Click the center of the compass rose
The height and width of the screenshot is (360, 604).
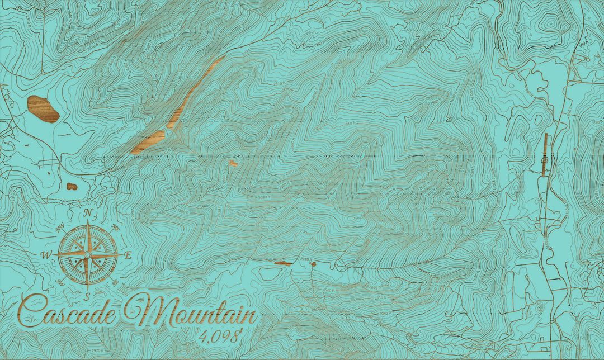[x=88, y=254]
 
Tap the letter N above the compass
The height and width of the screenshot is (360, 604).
[x=88, y=212]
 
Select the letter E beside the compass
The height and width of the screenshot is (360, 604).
[x=128, y=255]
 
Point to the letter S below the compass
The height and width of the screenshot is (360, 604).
[x=87, y=295]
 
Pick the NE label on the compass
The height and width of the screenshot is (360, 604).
[x=115, y=228]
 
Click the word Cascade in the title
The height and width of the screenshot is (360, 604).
[x=67, y=311]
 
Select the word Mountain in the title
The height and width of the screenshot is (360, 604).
[x=190, y=313]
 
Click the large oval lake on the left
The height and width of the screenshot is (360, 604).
[x=43, y=108]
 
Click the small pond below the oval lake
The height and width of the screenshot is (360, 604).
[x=72, y=186]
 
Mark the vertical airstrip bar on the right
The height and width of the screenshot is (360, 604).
[x=545, y=155]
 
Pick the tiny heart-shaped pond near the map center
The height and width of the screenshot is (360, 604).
[x=233, y=163]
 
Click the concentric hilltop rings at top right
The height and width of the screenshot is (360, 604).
[x=550, y=23]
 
